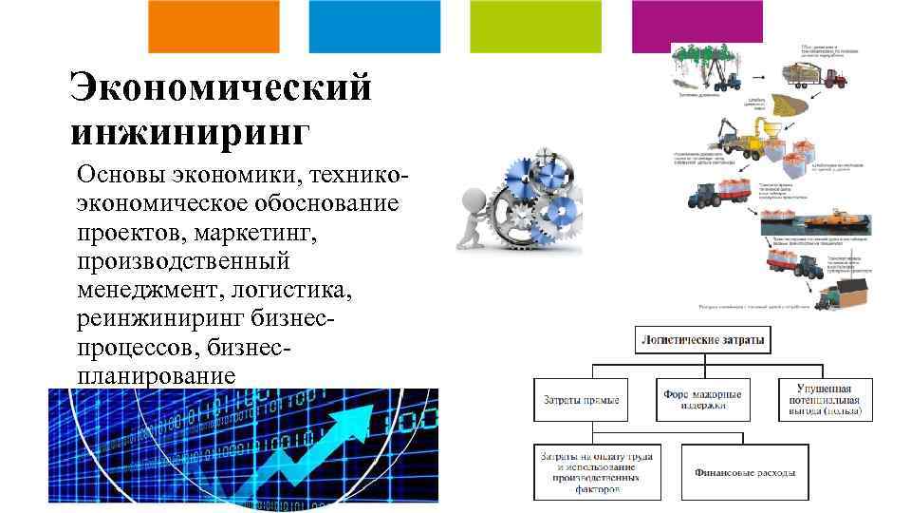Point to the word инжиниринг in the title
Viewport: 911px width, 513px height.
click(190, 131)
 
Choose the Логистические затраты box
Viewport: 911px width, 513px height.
click(702, 339)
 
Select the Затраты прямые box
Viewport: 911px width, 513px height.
click(581, 399)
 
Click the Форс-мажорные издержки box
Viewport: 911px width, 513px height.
click(702, 399)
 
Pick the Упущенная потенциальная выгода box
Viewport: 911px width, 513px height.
click(824, 400)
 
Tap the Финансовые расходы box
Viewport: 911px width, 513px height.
click(745, 472)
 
